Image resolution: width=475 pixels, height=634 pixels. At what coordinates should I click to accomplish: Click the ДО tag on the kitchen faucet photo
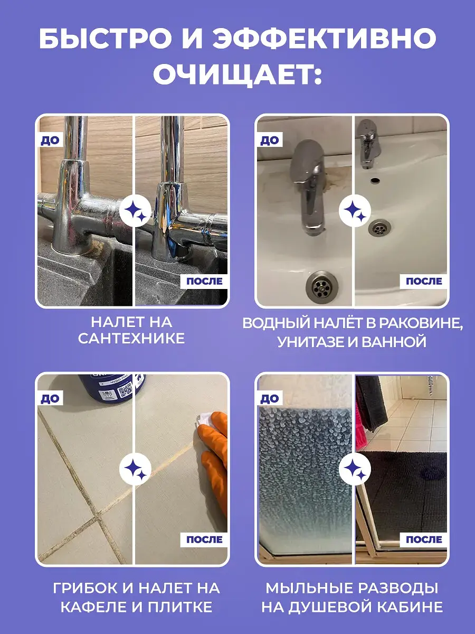tap(50, 140)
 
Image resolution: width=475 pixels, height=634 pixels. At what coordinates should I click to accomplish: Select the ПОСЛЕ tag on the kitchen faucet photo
tap(204, 281)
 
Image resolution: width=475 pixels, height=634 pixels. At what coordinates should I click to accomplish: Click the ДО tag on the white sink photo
tap(270, 140)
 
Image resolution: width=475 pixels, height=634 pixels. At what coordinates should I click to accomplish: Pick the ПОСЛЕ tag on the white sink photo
tap(424, 281)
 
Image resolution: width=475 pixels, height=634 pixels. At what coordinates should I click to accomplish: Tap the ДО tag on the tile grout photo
tap(50, 398)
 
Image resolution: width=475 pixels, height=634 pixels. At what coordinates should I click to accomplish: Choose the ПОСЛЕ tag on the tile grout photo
tap(204, 539)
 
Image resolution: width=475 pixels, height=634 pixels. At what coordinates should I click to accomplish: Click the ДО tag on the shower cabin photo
tap(270, 398)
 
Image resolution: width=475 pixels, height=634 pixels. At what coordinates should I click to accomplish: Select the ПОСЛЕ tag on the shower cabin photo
tap(424, 539)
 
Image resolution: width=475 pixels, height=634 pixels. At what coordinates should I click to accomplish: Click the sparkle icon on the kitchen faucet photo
tap(135, 211)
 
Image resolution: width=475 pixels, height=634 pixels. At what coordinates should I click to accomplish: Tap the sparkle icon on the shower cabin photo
tap(355, 469)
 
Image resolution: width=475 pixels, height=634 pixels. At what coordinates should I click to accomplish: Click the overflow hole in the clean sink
tap(375, 180)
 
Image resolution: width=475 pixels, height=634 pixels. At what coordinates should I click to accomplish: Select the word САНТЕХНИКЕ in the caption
tap(131, 339)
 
